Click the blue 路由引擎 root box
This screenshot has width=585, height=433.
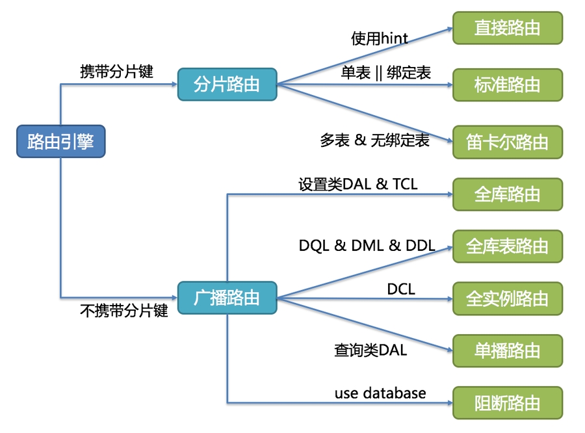coord(60,142)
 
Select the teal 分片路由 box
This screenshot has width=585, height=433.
coord(227,85)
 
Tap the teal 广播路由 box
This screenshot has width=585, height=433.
coord(227,298)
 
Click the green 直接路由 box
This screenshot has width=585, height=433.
coord(507,28)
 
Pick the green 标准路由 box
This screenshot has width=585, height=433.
coord(507,85)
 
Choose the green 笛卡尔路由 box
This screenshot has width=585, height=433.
coord(507,142)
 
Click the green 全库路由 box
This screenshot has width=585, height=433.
coord(507,194)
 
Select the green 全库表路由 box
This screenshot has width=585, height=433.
coord(507,246)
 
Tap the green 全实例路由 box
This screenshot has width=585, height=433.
coord(507,298)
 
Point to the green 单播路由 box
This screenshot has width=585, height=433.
coord(507,350)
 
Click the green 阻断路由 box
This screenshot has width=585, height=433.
coord(507,402)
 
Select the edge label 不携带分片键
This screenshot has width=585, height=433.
coord(123,311)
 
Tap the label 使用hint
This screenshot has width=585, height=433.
coord(380,39)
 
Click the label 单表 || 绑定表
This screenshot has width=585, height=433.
coord(385,73)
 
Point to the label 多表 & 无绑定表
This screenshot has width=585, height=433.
coord(374,140)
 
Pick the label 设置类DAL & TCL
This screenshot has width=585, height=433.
coord(357,185)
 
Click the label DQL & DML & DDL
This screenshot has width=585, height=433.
coord(367,246)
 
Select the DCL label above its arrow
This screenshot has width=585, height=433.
coord(401,289)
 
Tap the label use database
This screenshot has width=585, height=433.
coord(380,393)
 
